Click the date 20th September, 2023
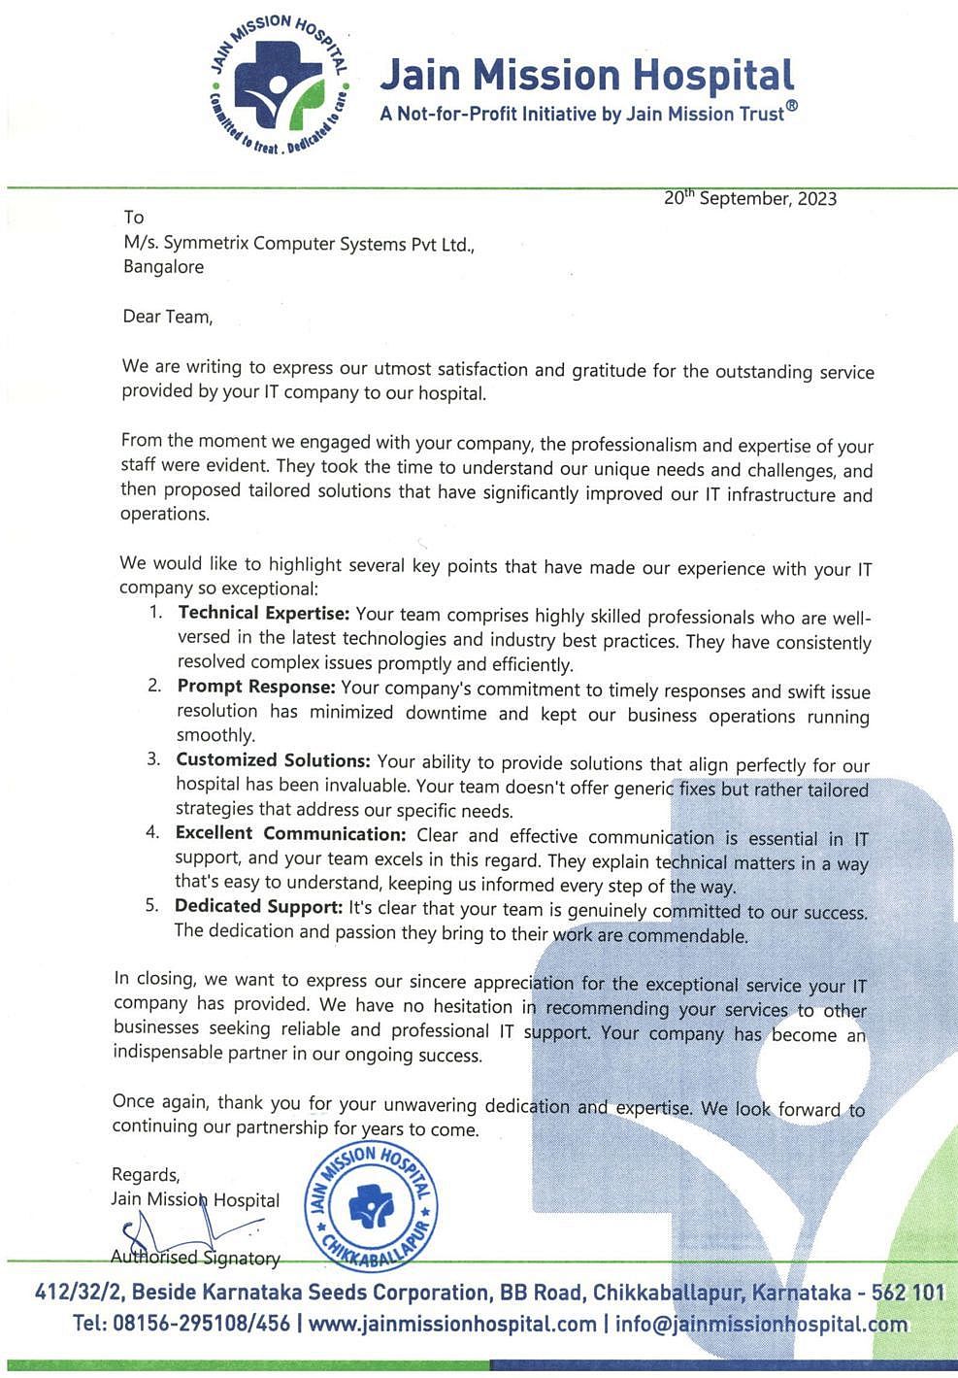(x=749, y=198)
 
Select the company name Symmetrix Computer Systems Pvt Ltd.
(x=313, y=244)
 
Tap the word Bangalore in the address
(x=163, y=267)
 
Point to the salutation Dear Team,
(x=167, y=317)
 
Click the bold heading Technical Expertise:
(x=262, y=613)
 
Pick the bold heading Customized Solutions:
(x=273, y=760)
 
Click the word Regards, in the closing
(x=146, y=1175)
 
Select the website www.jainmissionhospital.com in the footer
(x=452, y=1324)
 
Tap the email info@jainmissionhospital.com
(x=761, y=1324)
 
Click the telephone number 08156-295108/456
(x=201, y=1324)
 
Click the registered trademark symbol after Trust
(x=792, y=107)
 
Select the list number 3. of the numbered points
(x=153, y=758)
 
